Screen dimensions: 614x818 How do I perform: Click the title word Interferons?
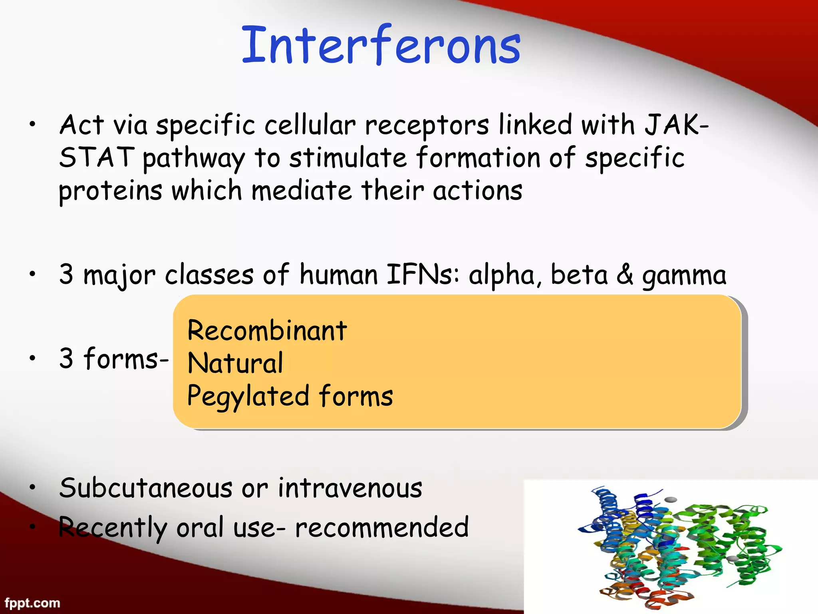(x=381, y=45)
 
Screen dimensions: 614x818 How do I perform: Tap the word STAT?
(x=96, y=157)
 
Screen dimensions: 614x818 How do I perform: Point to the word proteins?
(x=110, y=191)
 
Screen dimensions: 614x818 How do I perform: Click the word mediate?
(x=302, y=190)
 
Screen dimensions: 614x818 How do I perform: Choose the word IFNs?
(x=423, y=275)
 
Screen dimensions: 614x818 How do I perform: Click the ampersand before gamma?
(x=625, y=275)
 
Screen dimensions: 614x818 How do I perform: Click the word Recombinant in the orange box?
(x=267, y=331)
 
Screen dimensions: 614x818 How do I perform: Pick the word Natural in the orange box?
(x=235, y=363)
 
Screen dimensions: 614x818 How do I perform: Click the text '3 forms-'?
(x=114, y=358)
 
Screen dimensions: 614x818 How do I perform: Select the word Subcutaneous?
(x=146, y=488)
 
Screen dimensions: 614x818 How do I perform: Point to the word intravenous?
(x=350, y=488)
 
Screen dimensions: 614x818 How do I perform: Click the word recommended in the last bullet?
(x=381, y=527)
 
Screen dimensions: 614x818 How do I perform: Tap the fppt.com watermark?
(x=32, y=603)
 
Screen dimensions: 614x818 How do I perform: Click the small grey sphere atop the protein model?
(x=671, y=500)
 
